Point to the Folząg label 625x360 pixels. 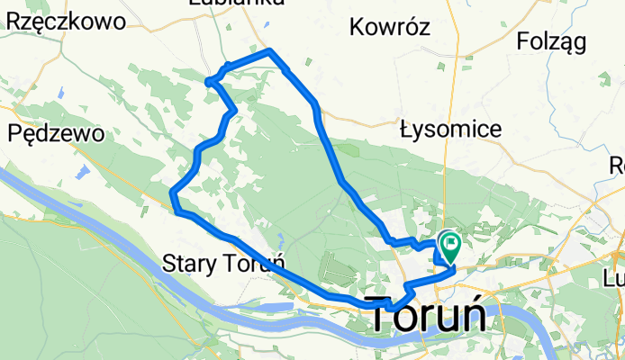pyautogui.click(x=552, y=40)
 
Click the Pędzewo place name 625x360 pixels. pyautogui.click(x=55, y=133)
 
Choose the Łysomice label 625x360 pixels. pyautogui.click(x=450, y=130)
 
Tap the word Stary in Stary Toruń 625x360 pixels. pyautogui.click(x=192, y=264)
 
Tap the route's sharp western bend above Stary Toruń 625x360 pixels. pyautogui.click(x=172, y=191)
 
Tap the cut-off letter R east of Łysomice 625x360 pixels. pyautogui.click(x=618, y=166)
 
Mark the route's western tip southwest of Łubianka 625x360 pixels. pyautogui.click(x=209, y=83)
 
